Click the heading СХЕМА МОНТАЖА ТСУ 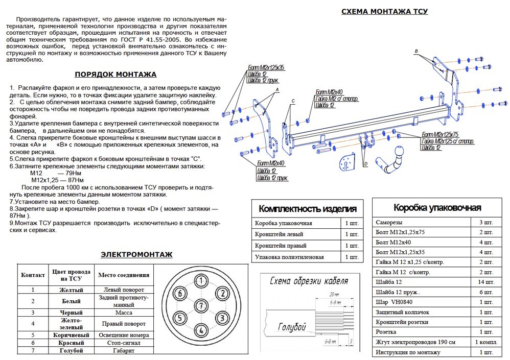[x=384, y=11]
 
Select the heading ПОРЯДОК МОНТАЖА [x=115, y=74]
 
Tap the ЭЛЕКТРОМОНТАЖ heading [x=136, y=254]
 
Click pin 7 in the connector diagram [x=201, y=306]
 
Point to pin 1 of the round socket [x=201, y=281]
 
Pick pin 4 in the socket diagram [x=201, y=330]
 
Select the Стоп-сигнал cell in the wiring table [x=124, y=343]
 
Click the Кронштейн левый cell [x=279, y=234]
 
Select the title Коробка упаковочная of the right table [x=436, y=207]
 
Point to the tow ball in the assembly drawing [x=398, y=152]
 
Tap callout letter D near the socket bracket [x=366, y=164]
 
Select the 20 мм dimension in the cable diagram [x=334, y=295]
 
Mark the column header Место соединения [x=124, y=275]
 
